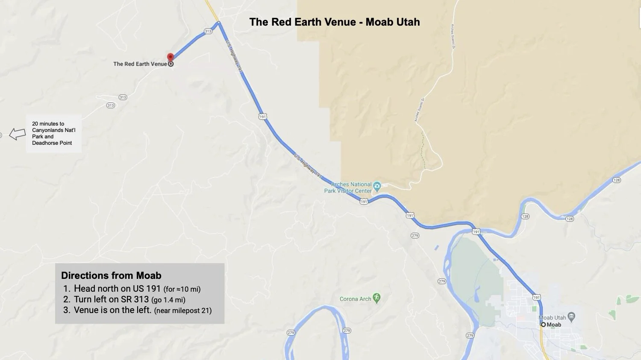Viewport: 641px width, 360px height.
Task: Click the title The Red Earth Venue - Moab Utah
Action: (335, 22)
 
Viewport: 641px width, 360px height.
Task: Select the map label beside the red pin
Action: (140, 64)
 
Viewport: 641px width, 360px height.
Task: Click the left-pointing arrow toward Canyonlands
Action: (18, 134)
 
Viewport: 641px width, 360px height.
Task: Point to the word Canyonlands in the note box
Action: (48, 130)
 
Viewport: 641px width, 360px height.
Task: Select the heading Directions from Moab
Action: (111, 275)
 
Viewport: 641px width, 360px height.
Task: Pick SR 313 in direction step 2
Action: (135, 299)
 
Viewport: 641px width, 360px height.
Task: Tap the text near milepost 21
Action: (183, 310)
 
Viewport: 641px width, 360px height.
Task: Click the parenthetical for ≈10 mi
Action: (182, 289)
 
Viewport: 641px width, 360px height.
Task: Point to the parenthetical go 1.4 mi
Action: (168, 300)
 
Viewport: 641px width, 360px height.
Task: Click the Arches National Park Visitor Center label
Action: (348, 187)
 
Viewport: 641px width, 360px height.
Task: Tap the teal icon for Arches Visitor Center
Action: (377, 186)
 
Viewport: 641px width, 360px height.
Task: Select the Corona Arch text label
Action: (355, 299)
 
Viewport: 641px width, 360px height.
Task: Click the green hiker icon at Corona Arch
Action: (376, 298)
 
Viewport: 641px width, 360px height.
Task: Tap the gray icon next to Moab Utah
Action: (572, 317)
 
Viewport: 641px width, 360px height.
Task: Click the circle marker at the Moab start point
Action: (543, 325)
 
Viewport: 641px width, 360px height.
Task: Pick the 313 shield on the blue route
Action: (208, 31)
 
